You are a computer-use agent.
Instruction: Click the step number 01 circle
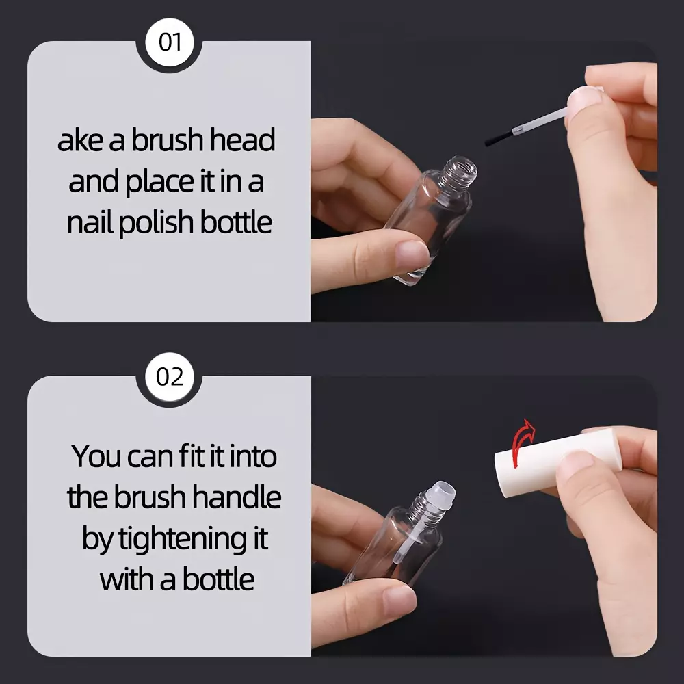coord(169,42)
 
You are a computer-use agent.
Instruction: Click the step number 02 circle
coord(169,377)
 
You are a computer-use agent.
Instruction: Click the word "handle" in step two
coord(236,497)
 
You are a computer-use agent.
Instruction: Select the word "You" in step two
coord(96,456)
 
